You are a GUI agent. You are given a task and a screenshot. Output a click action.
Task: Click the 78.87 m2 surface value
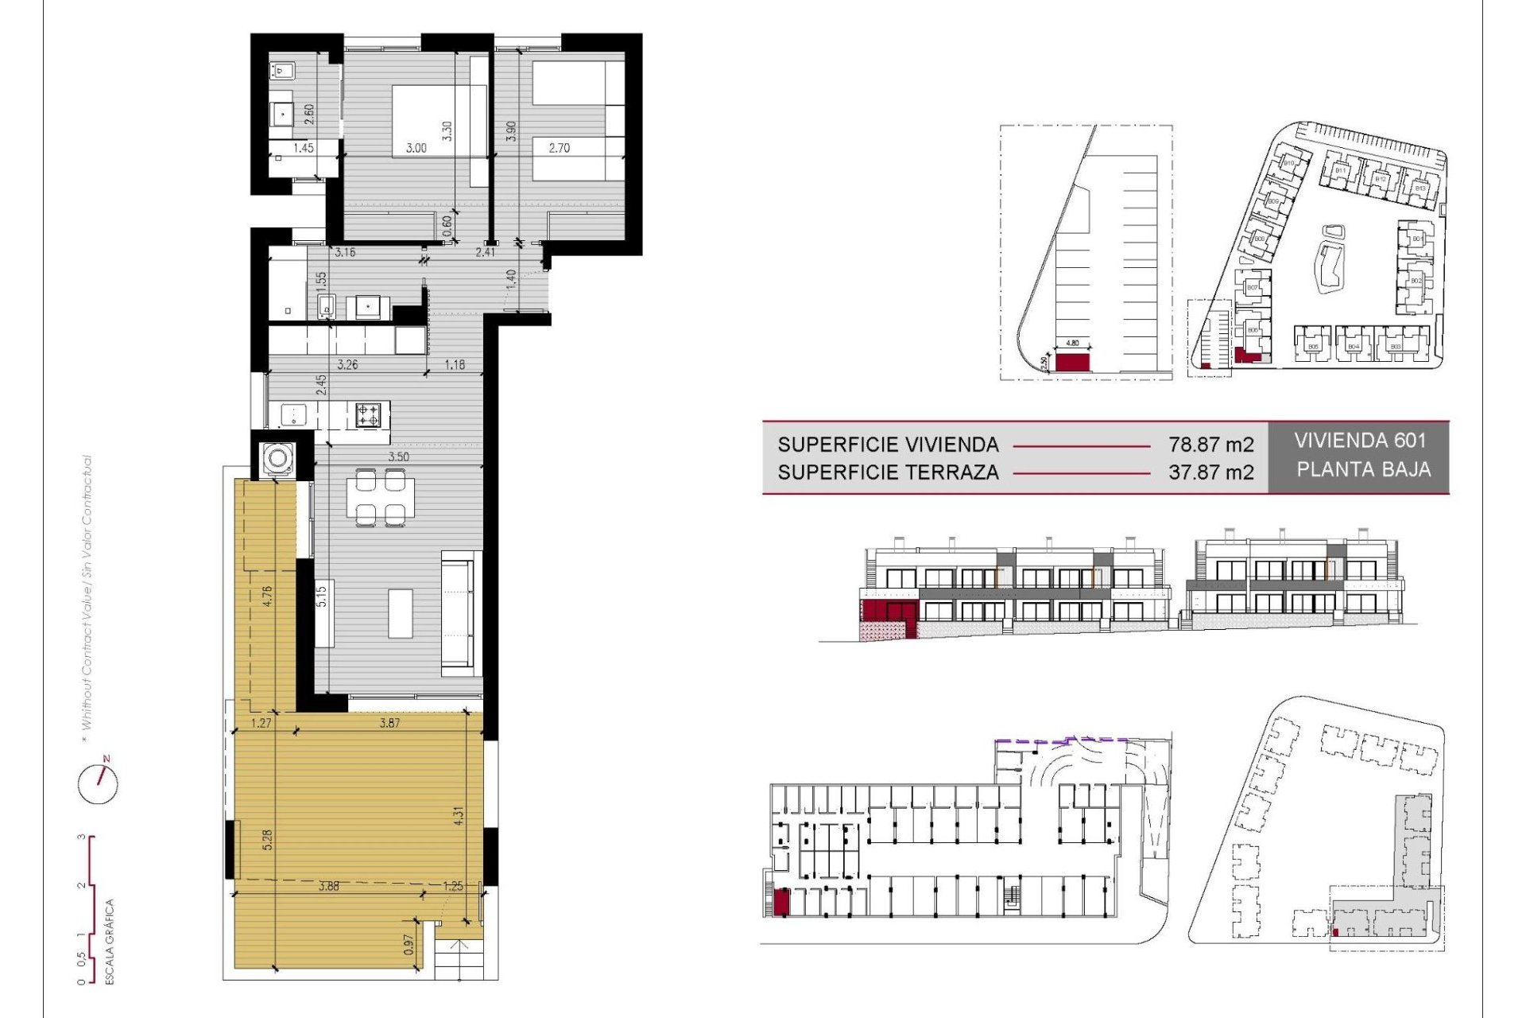pos(1210,445)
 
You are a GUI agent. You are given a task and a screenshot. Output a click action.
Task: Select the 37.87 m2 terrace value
pos(1210,472)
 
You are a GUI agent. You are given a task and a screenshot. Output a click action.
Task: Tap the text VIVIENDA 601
pos(1360,441)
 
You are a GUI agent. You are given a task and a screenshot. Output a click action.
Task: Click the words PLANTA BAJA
pos(1363,469)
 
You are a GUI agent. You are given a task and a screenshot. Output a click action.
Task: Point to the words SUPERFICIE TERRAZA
pos(888,472)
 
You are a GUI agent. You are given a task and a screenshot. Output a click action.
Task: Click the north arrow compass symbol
pos(99,783)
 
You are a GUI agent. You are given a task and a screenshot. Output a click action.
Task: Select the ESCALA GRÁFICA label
pos(110,942)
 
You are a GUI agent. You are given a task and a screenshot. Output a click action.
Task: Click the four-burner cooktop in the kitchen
pos(367,414)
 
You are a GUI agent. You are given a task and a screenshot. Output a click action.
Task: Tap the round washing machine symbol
pos(278,459)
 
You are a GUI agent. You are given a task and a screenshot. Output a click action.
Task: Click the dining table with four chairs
pos(380,497)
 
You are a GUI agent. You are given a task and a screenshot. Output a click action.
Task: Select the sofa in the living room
pos(461,612)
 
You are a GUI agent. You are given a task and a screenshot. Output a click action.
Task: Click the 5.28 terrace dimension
pos(267,840)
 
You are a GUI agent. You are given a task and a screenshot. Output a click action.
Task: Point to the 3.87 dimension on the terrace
pos(389,723)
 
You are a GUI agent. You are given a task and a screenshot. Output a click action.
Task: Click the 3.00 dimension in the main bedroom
pos(416,148)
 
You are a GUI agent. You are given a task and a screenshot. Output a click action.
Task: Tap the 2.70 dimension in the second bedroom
pos(559,148)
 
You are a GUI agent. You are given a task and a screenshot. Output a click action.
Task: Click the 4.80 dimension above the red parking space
pos(1072,343)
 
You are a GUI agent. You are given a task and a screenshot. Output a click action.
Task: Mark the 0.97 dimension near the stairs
pos(409,944)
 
